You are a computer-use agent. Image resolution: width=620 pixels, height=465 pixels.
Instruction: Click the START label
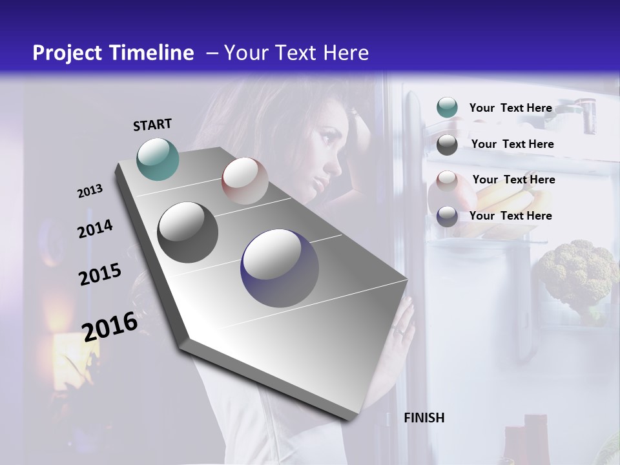152,125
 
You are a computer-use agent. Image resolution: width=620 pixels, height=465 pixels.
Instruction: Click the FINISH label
424,418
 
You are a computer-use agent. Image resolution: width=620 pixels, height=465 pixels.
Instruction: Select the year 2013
90,191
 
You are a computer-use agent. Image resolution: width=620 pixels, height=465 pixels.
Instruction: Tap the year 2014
95,229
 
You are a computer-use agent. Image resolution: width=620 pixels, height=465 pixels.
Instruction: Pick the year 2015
99,274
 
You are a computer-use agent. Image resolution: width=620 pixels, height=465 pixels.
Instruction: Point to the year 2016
110,326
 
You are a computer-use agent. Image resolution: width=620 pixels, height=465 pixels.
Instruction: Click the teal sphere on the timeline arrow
158,159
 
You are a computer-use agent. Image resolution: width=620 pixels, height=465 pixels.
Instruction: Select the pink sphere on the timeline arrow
245,180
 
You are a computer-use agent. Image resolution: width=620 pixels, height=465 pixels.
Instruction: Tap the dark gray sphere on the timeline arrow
187,232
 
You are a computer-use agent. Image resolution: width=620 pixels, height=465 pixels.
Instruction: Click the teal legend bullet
447,108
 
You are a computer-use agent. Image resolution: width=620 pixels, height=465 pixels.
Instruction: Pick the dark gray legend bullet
447,144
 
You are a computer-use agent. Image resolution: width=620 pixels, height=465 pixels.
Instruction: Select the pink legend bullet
447,180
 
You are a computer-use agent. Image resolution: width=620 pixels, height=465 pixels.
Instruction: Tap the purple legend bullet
447,216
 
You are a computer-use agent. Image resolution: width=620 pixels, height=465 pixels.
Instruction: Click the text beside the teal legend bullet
510,108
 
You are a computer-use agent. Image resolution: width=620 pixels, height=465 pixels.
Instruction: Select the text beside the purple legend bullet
510,216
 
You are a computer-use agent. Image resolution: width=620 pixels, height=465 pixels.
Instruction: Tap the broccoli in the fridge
577,271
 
